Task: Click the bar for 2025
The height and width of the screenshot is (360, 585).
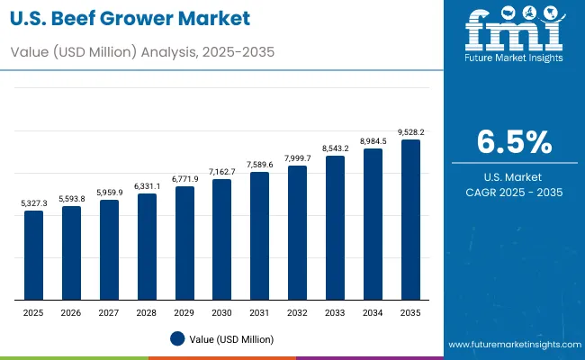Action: point(33,256)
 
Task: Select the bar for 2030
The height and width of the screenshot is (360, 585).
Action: point(221,239)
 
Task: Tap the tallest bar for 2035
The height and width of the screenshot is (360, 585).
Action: point(410,220)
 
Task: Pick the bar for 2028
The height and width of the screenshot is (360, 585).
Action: point(147,247)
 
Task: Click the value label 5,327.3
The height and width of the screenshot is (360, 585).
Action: point(33,204)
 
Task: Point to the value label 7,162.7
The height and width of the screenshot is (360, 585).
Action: point(221,172)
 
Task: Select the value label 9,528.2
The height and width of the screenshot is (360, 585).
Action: point(410,132)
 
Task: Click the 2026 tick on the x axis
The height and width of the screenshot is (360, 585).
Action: point(71,311)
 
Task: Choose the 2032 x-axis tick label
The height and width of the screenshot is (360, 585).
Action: point(297,311)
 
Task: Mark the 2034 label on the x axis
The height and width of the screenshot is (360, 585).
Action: point(373,311)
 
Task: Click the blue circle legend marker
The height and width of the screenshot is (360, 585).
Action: point(177,338)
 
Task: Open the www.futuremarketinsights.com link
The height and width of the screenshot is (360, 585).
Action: point(511,345)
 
